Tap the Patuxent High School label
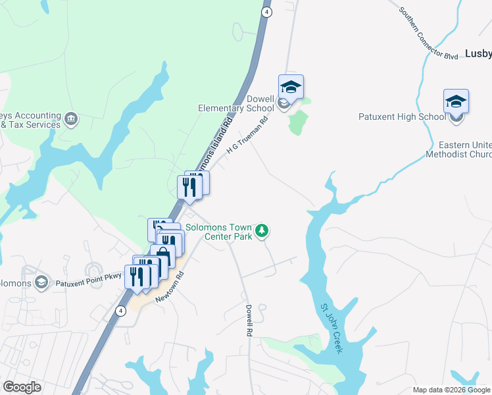[402, 117]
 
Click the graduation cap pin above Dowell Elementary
[291, 87]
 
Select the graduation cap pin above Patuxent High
[456, 101]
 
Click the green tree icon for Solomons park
[262, 230]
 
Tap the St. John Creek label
[332, 328]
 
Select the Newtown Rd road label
[169, 287]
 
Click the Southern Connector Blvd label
[428, 34]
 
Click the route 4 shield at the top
[266, 12]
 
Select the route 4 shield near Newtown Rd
[120, 310]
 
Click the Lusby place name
[478, 54]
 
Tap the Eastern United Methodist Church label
[458, 149]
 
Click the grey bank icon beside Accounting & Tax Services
[71, 119]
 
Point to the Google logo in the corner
[22, 387]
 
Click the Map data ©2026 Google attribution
[451, 390]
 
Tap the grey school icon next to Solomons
[42, 282]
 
